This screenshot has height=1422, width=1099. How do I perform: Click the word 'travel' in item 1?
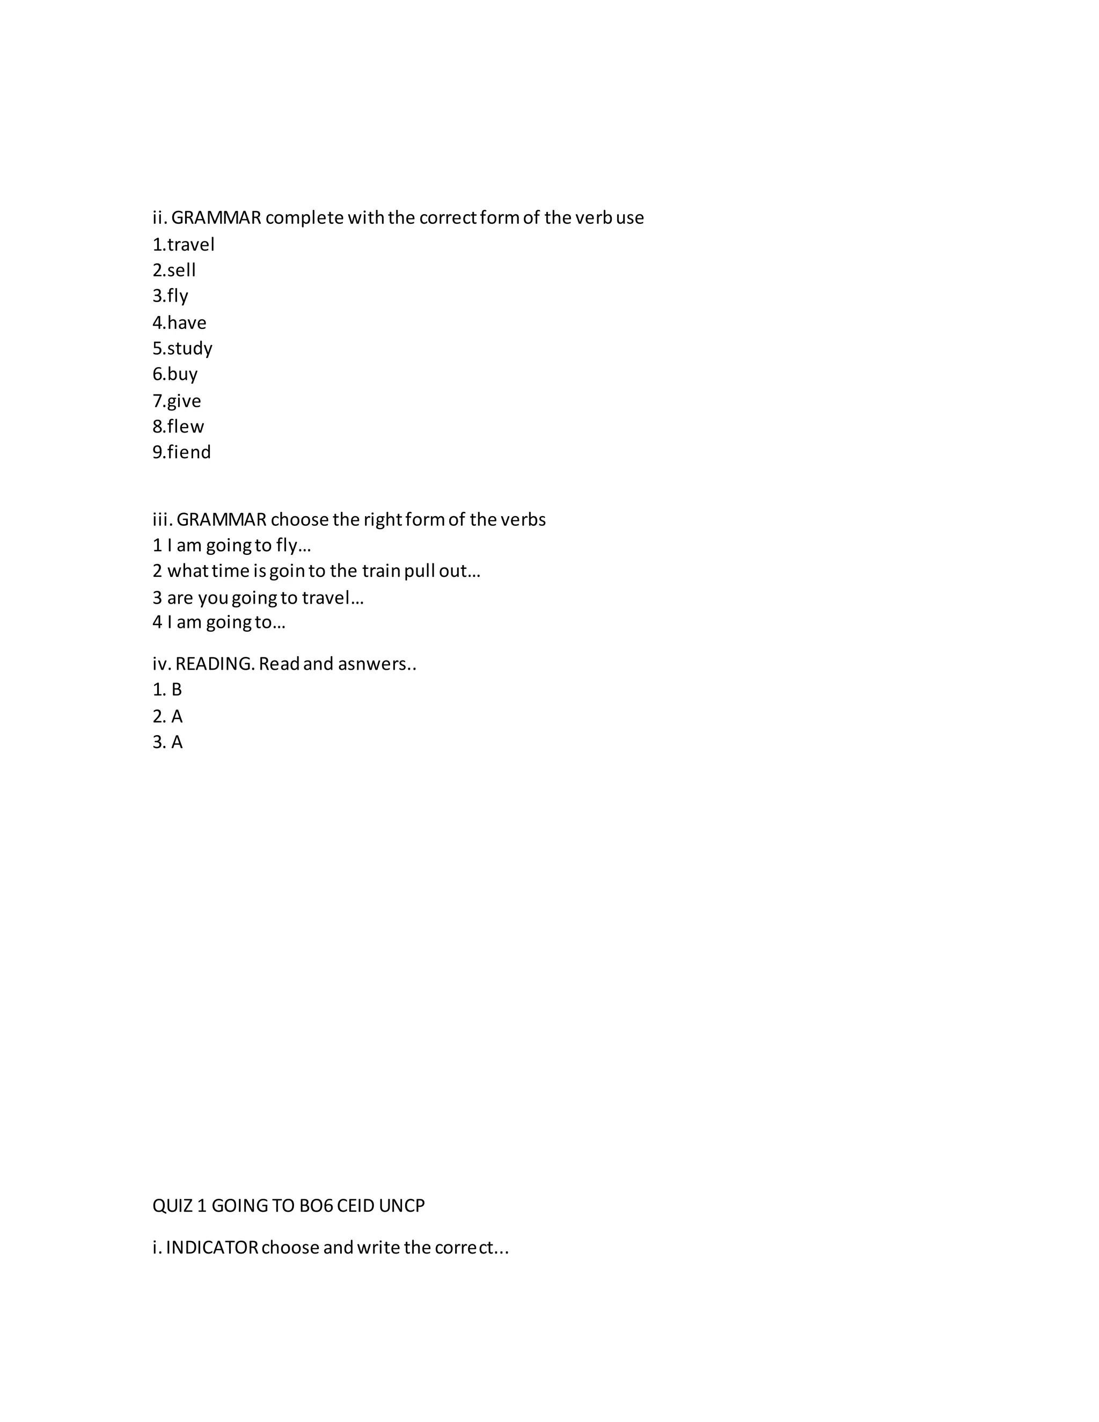[191, 245]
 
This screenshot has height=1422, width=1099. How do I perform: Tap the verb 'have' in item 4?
[187, 323]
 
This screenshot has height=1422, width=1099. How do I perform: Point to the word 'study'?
[189, 348]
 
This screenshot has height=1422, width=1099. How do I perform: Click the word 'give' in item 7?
[184, 401]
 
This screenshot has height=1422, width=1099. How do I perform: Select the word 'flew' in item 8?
[186, 427]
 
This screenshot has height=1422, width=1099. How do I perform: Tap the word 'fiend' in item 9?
[189, 452]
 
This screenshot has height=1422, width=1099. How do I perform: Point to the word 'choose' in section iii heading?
[299, 519]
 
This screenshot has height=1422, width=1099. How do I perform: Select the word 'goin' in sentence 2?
[288, 571]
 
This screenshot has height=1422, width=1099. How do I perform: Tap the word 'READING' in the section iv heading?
[214, 664]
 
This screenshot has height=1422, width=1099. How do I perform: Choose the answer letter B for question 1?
[177, 690]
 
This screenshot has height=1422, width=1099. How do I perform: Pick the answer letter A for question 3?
[177, 742]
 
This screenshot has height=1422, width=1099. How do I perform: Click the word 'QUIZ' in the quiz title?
[173, 1206]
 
